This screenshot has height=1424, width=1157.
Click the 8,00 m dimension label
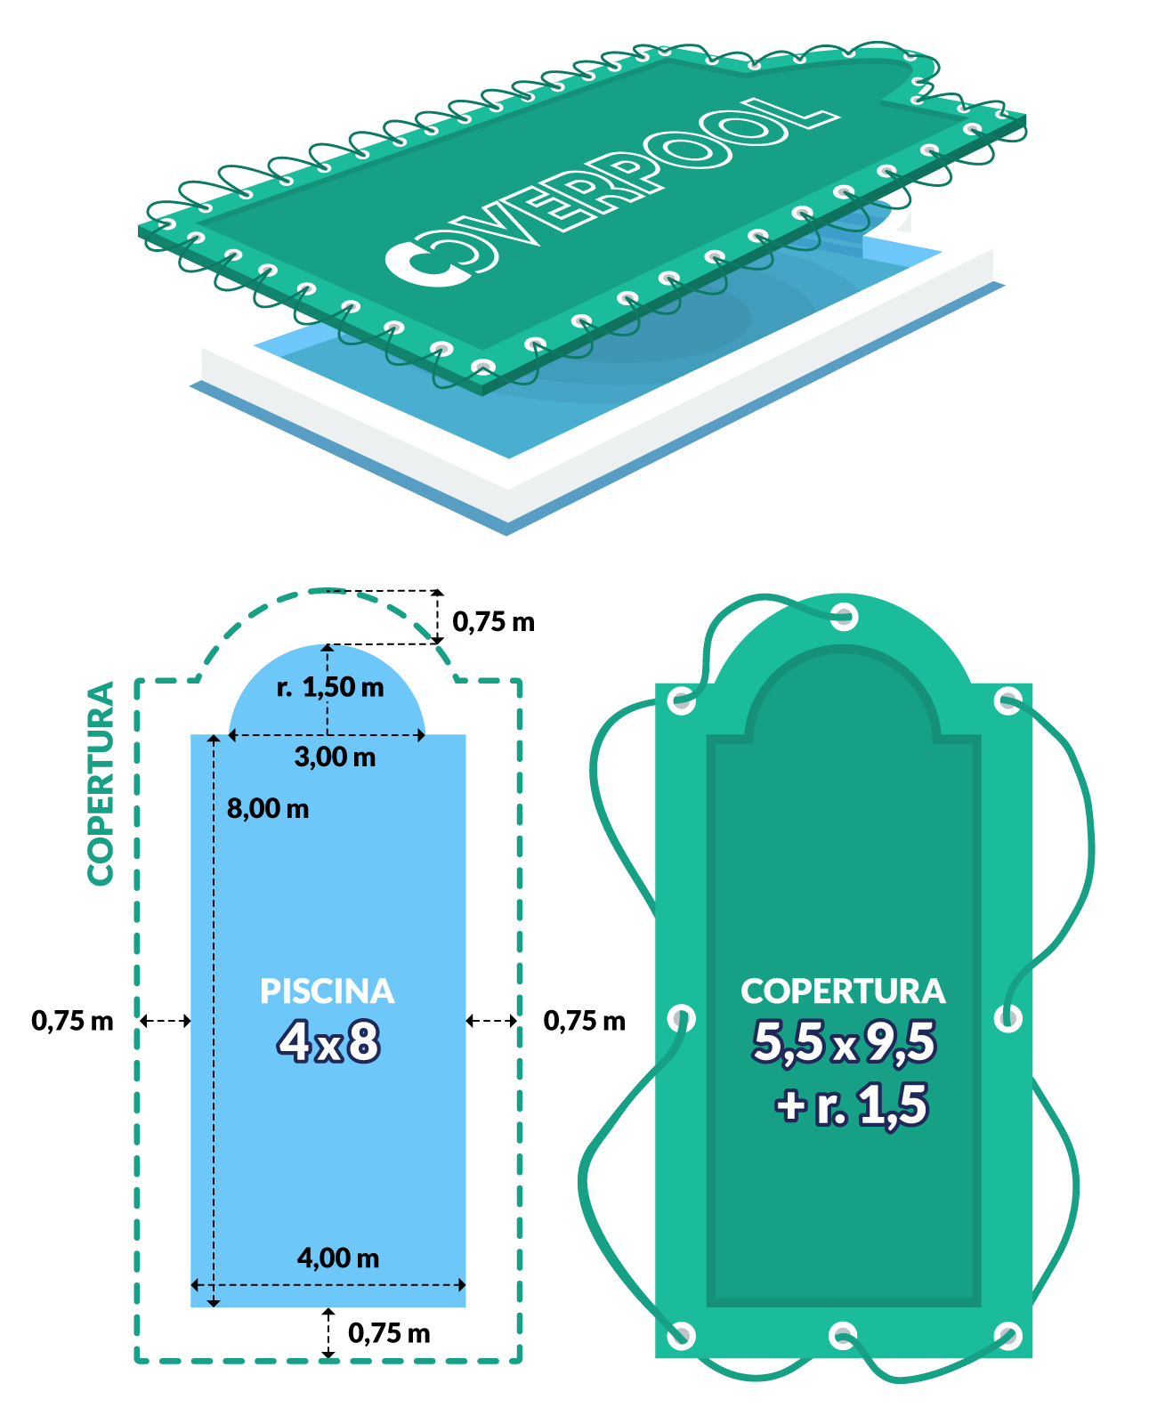click(x=268, y=808)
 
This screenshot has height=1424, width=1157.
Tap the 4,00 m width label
click(x=338, y=1258)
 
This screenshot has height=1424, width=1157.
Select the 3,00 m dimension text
click(x=335, y=756)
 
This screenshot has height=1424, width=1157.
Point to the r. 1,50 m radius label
click(x=330, y=686)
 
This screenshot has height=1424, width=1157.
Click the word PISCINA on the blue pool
click(x=327, y=991)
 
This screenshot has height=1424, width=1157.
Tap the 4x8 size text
click(x=328, y=1042)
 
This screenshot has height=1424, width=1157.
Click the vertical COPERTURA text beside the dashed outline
click(x=101, y=783)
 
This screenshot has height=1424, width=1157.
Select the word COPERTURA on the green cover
click(x=843, y=991)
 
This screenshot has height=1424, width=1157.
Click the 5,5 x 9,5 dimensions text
click(x=844, y=1042)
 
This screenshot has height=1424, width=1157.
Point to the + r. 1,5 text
click(x=852, y=1105)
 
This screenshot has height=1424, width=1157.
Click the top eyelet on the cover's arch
click(x=844, y=616)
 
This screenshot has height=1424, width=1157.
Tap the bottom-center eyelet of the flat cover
click(x=843, y=1335)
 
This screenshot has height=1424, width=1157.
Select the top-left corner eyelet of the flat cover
click(x=682, y=700)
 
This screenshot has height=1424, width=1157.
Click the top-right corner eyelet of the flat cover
click(x=1007, y=700)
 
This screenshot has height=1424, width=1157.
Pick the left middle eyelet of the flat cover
click(x=682, y=1018)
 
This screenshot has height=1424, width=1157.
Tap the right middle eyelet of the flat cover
click(x=1007, y=1018)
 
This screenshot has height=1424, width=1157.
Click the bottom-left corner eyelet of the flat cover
click(x=682, y=1335)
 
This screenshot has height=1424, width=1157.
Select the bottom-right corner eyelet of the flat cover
click(x=1007, y=1335)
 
